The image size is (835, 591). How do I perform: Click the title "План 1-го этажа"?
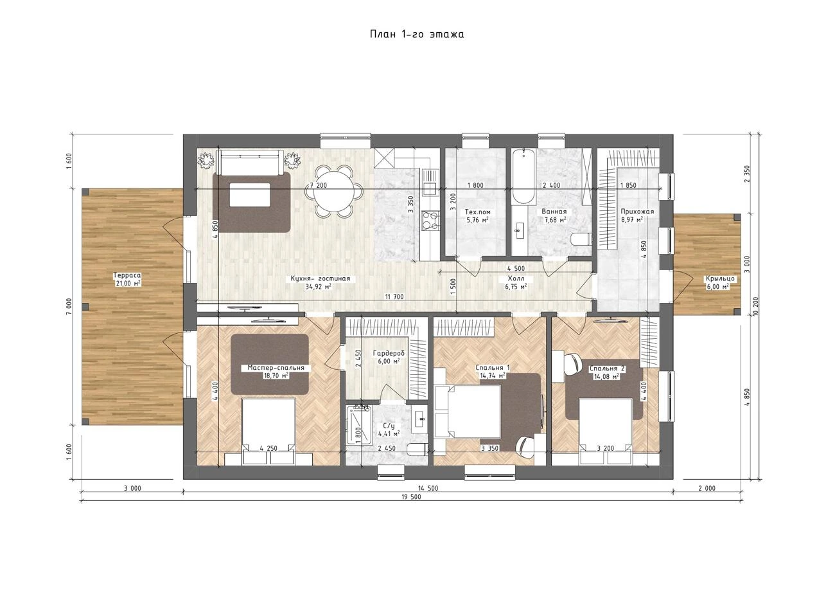pos(417,34)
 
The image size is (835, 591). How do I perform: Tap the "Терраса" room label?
pos(127,275)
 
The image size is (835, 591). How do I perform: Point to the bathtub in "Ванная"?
pos(523,176)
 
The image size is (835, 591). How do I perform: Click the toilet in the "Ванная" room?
pos(581,239)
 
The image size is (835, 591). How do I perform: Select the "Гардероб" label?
pos(389,353)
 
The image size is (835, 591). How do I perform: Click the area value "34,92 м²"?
pos(318,287)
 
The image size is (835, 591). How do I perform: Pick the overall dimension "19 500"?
pos(412,497)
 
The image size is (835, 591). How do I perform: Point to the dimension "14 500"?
pos(428,488)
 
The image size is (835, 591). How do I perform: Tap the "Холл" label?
pos(516,278)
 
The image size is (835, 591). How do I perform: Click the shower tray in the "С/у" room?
pos(358,425)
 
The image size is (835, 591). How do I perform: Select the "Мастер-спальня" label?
pos(276,368)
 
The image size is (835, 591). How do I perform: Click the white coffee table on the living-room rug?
pos(250,194)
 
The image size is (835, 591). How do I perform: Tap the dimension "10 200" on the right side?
pos(755,306)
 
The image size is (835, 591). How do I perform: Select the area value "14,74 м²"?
pos(493,376)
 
